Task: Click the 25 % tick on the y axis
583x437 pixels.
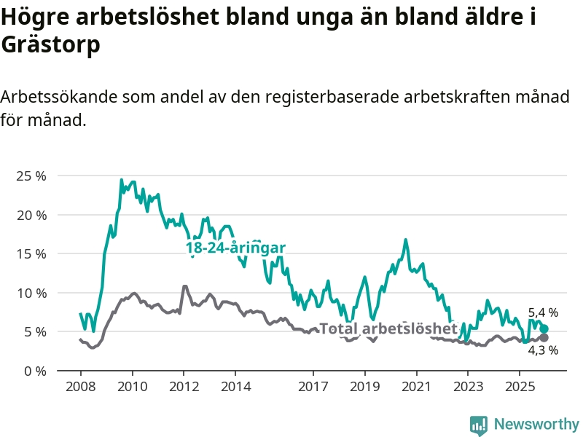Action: pyautogui.click(x=32, y=176)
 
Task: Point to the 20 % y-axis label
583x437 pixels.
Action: pyautogui.click(x=32, y=215)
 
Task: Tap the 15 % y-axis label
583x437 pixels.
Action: pyautogui.click(x=32, y=254)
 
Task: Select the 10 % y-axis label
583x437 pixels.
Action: pyautogui.click(x=32, y=293)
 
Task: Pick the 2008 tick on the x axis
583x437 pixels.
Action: pyautogui.click(x=80, y=385)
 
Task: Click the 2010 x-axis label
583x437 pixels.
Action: pyautogui.click(x=132, y=385)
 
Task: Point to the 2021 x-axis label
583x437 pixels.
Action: pyautogui.click(x=416, y=385)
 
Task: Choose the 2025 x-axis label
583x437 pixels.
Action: pyautogui.click(x=519, y=385)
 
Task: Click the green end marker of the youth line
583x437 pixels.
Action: pyautogui.click(x=544, y=328)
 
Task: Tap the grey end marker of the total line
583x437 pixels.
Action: pyautogui.click(x=544, y=337)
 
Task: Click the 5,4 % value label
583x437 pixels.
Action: pyautogui.click(x=543, y=312)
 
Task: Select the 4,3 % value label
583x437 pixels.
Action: pyautogui.click(x=543, y=350)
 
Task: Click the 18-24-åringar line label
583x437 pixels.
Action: pyautogui.click(x=235, y=248)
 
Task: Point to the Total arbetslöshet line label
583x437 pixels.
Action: pyautogui.click(x=388, y=328)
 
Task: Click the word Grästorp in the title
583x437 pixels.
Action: pyautogui.click(x=50, y=45)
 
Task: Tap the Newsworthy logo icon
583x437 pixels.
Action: pyautogui.click(x=479, y=425)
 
